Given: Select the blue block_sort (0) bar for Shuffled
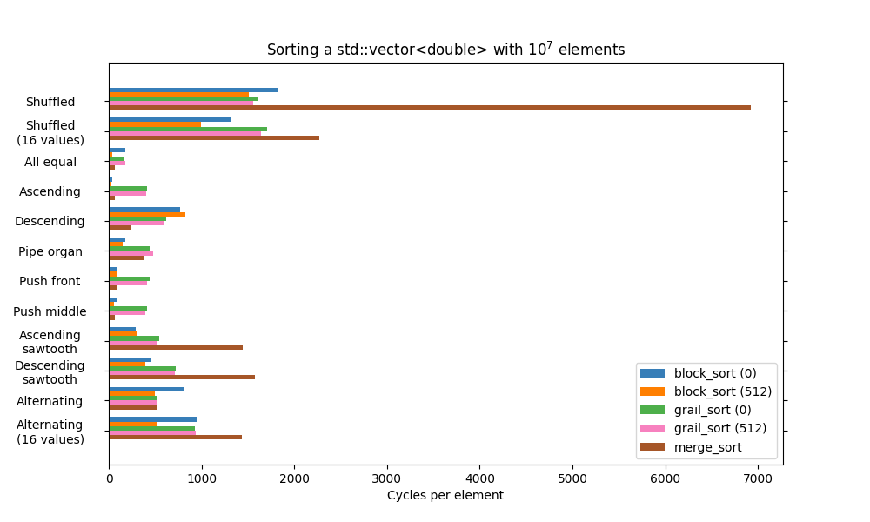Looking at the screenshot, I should (193, 90).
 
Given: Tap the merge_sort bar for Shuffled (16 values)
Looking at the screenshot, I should (214, 137).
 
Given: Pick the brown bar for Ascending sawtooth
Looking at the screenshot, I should (176, 347).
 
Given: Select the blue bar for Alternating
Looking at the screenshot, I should (146, 389).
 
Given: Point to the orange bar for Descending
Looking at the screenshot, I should (147, 214).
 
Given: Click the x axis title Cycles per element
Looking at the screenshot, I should (445, 496).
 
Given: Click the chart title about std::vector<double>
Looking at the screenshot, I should (445, 50).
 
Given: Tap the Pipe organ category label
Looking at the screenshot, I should (50, 251).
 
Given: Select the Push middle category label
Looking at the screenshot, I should (50, 311).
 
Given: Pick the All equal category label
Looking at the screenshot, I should (50, 162).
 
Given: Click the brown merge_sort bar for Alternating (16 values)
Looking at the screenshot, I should (175, 437).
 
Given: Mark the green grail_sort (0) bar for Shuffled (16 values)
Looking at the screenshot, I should (188, 129).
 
